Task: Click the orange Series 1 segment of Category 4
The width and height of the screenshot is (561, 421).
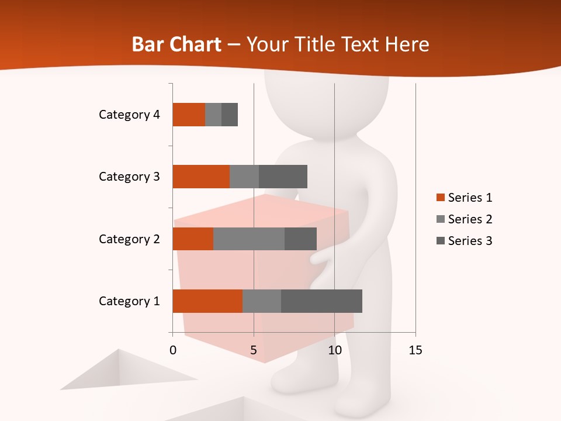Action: point(188,115)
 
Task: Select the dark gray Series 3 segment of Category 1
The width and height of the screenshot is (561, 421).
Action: point(321,301)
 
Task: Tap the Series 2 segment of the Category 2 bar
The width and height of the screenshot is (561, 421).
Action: point(248,239)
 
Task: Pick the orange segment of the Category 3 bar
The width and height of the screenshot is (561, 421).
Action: point(200,177)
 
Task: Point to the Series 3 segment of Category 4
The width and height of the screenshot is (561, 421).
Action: point(230,115)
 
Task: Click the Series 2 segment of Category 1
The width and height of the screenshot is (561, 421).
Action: point(261,301)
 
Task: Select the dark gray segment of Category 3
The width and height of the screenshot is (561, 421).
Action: point(283,177)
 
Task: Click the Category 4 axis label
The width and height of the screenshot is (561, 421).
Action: point(129,115)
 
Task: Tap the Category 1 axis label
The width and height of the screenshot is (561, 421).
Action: point(129,301)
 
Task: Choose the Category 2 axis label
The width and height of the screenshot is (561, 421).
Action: point(129,239)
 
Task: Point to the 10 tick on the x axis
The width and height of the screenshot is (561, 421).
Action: point(334,350)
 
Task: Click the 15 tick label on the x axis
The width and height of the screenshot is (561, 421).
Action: point(415,350)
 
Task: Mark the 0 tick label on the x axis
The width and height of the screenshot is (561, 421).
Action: point(173,350)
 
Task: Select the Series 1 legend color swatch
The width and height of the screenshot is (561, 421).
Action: point(440,198)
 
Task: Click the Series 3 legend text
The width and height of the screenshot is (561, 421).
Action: point(470,241)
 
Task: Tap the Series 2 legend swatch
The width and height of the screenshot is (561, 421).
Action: point(440,219)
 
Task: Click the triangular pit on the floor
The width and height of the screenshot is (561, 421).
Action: point(126,371)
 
